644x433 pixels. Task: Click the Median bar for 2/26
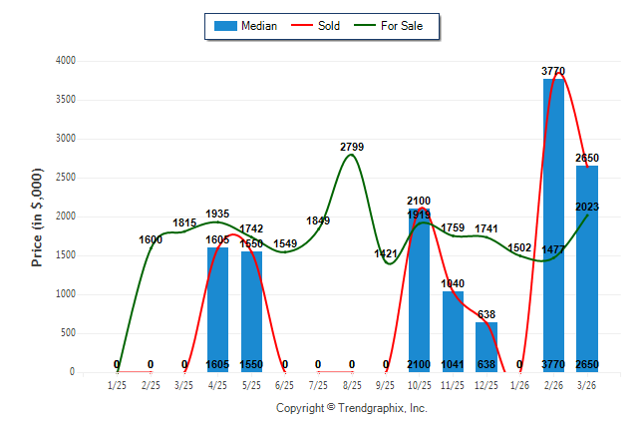[553, 224]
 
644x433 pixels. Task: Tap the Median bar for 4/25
[217, 309]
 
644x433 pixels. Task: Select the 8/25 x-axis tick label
[352, 385]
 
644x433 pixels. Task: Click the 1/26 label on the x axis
[519, 385]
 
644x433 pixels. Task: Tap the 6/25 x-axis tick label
[285, 385]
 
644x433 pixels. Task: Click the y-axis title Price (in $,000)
[37, 216]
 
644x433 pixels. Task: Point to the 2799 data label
[352, 148]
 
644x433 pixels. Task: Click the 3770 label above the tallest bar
[553, 71]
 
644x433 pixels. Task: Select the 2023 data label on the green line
[587, 207]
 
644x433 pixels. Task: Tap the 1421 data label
[386, 254]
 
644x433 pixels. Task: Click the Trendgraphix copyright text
[351, 408]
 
